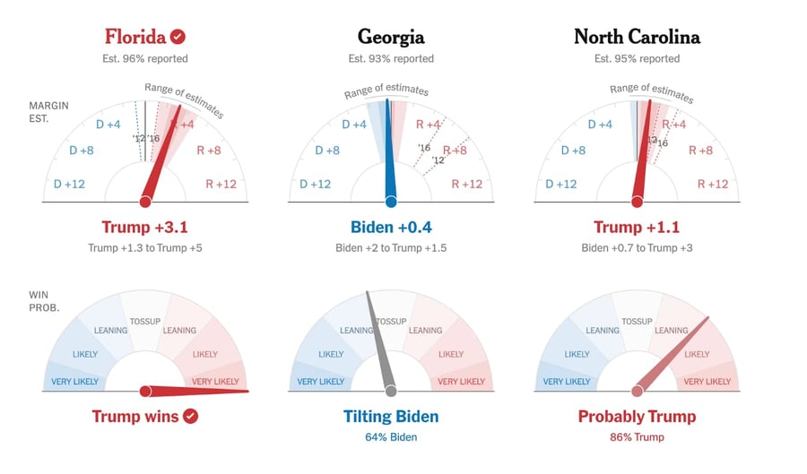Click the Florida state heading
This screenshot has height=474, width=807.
[134, 37]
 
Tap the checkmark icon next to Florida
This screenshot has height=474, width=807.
[178, 37]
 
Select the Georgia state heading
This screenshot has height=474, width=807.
[391, 37]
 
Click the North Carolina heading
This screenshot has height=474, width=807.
[637, 37]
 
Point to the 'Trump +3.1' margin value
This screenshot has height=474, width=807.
[144, 227]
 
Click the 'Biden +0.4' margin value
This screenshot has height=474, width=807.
[391, 227]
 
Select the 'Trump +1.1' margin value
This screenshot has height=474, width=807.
[637, 227]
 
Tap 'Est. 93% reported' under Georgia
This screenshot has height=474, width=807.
[391, 59]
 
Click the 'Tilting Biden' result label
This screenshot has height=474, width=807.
[391, 416]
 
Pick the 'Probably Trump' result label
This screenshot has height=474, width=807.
[637, 416]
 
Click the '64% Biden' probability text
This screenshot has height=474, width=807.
[391, 437]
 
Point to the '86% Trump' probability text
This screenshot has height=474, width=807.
[637, 437]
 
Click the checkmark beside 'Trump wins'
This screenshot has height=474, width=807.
[190, 416]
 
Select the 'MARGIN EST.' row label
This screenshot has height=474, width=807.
[45, 111]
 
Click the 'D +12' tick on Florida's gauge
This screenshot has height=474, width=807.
[69, 185]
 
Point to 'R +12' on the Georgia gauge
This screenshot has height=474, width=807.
[466, 185]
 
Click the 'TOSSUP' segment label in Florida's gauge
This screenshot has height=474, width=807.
[144, 322]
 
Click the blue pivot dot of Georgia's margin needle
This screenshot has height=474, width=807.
[391, 202]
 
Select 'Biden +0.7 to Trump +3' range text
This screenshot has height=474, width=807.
[637, 247]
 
